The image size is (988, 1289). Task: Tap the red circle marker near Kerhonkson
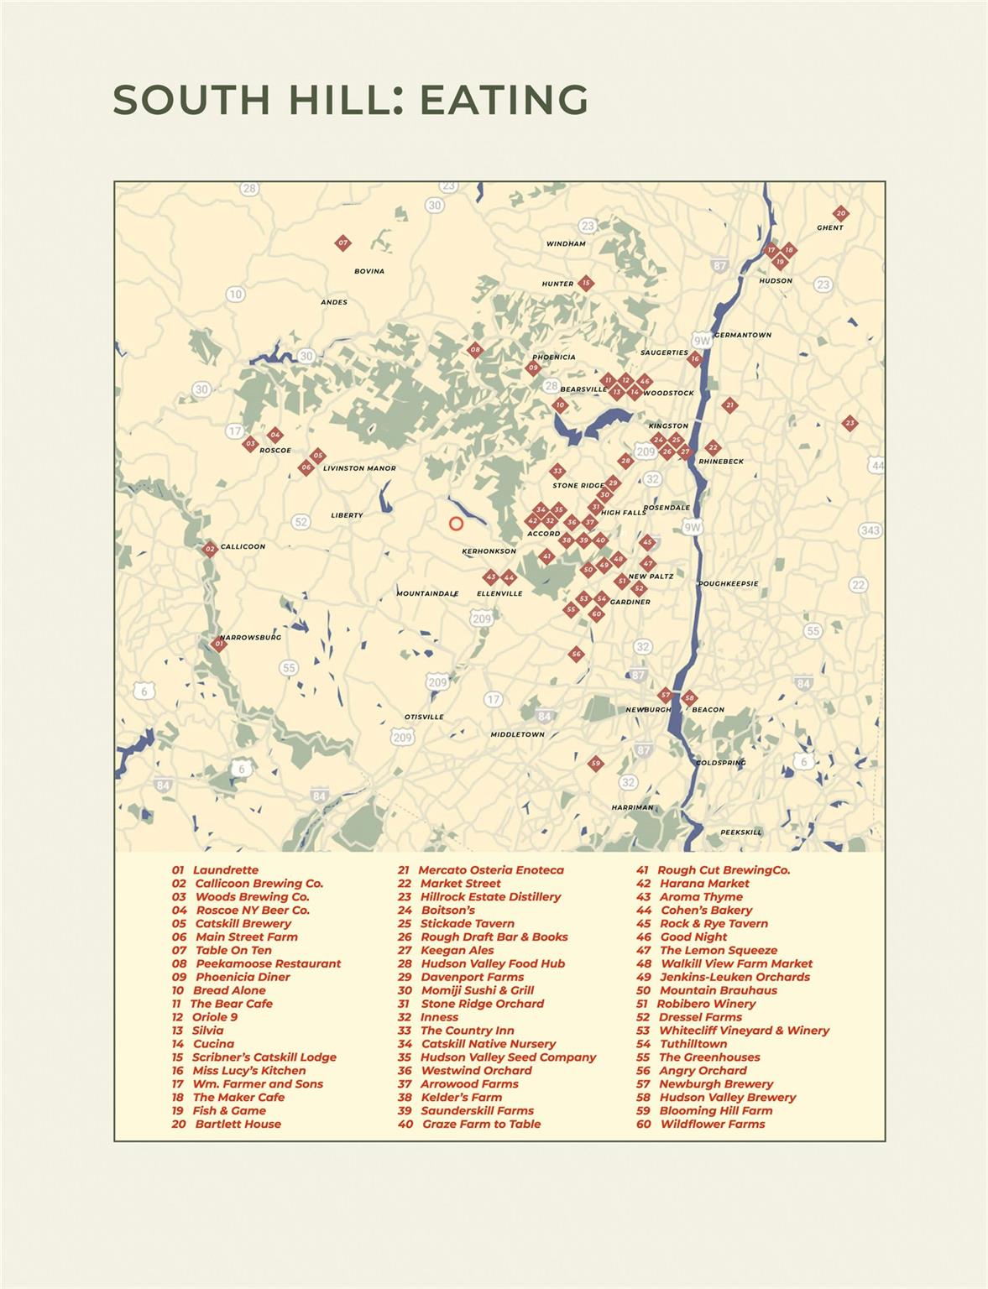[456, 524]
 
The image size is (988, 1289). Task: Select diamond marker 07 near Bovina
[342, 243]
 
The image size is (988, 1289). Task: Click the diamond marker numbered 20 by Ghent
[840, 213]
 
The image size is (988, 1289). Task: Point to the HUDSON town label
[775, 281]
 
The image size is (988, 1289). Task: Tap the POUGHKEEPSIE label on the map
[728, 583]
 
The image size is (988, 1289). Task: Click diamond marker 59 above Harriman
[595, 763]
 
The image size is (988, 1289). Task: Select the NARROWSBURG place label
[251, 637]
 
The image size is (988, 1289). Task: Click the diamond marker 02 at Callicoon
[210, 549]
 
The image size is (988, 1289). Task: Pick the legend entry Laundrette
[225, 870]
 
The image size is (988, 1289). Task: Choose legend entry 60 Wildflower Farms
[712, 1124]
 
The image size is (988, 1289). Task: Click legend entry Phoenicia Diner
[243, 977]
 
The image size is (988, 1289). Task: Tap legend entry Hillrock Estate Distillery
[490, 896]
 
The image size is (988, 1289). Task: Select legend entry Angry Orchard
[703, 1070]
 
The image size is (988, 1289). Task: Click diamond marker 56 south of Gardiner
[575, 654]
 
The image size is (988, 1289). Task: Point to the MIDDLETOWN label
[517, 734]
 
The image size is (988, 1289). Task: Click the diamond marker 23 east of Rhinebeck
[849, 423]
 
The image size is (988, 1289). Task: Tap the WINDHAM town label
[566, 244]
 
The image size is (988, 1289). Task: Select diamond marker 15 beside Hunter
[586, 283]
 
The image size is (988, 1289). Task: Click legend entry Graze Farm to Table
[481, 1124]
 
